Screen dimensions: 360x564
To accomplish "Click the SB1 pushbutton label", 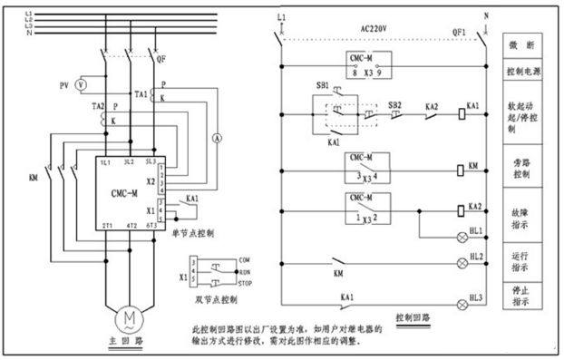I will [323, 84].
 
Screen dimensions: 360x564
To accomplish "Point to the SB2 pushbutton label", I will [395, 105].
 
